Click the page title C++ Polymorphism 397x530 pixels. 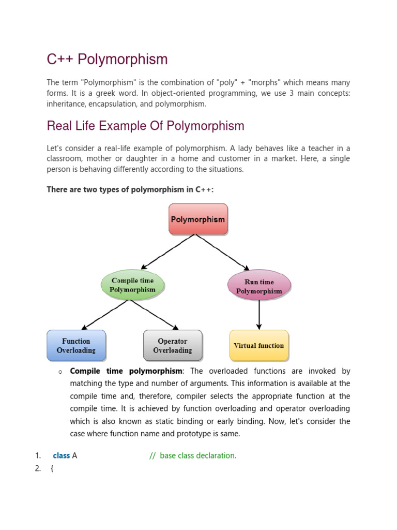(x=107, y=60)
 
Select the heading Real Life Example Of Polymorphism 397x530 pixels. (x=145, y=126)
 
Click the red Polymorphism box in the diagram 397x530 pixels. (x=197, y=219)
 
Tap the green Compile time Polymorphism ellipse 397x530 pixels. (x=132, y=285)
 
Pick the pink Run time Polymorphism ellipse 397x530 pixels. (x=259, y=286)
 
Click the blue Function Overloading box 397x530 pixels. (x=76, y=346)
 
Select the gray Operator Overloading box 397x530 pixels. (x=173, y=346)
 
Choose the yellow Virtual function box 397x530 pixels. (x=258, y=345)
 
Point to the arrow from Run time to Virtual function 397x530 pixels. (x=259, y=315)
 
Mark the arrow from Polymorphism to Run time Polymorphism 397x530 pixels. (x=223, y=252)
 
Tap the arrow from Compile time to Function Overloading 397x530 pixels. (x=106, y=315)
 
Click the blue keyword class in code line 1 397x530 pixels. (x=61, y=455)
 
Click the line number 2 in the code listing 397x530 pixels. (x=38, y=469)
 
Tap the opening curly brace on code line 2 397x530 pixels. (x=52, y=469)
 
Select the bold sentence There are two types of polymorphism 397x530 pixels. (x=130, y=189)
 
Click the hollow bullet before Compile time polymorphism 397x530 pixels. (x=60, y=372)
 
